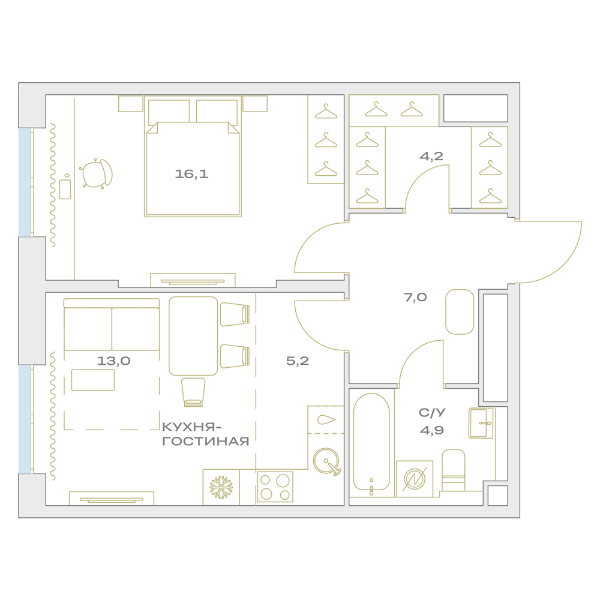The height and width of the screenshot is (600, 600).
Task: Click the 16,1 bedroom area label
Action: point(191,174)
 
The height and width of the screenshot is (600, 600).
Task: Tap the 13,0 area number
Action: point(113,361)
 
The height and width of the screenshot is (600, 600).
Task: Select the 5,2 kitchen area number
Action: point(298,361)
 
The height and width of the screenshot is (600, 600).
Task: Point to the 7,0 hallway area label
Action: point(415,298)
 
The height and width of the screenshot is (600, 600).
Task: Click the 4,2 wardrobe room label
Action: point(431,156)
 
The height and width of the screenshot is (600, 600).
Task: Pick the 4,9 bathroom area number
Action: point(431,430)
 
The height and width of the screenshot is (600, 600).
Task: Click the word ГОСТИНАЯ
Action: point(206,442)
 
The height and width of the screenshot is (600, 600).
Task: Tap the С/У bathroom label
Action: point(432,413)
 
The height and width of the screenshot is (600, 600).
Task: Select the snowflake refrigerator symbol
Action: point(221,487)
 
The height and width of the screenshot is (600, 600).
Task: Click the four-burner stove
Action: point(275,487)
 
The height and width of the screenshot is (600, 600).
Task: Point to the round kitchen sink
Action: point(326,460)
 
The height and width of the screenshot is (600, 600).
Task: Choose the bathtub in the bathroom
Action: point(371,442)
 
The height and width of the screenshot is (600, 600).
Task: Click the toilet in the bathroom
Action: point(454,470)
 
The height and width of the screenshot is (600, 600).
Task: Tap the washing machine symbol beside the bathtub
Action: point(415,479)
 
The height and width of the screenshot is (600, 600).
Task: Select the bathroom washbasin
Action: point(481,423)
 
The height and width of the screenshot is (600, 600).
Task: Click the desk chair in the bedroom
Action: point(96,174)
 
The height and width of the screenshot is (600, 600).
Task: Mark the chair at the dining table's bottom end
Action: point(193,392)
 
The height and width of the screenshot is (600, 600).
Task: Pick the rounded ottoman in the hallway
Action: point(460,312)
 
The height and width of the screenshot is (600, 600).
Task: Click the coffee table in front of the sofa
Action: point(93,380)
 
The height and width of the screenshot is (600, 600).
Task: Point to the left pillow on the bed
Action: point(169,112)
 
